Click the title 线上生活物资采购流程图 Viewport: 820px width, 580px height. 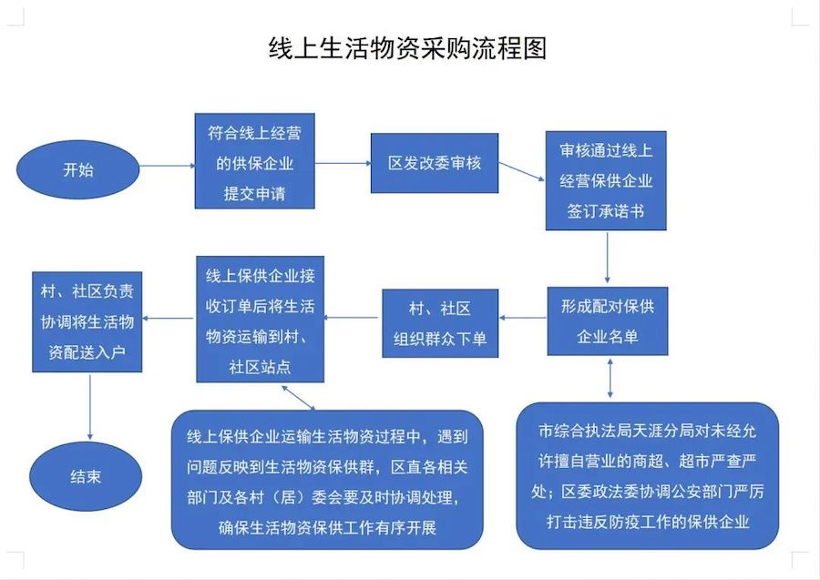coord(407,47)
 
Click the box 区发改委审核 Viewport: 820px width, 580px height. coord(435,163)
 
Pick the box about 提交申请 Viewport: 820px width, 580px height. coord(255,163)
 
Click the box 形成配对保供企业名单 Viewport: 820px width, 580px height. coord(607,321)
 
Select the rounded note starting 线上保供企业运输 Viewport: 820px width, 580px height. coord(326,481)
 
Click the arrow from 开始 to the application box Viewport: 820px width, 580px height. coord(168,166)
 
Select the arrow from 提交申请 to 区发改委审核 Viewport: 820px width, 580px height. coord(343,164)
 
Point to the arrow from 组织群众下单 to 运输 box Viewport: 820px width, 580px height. coord(353,318)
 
